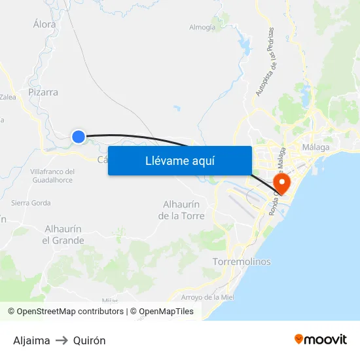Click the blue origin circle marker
click(79, 136)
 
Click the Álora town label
click(45, 24)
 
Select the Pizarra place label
click(43, 92)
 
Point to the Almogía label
click(202, 27)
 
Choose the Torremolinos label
click(242, 262)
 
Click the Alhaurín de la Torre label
click(183, 210)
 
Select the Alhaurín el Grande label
click(63, 234)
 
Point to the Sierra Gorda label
click(31, 203)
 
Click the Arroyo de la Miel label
click(207, 297)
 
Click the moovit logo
click(321, 340)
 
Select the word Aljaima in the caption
click(31, 340)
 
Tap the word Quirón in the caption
click(90, 340)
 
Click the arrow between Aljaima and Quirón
click(62, 340)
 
